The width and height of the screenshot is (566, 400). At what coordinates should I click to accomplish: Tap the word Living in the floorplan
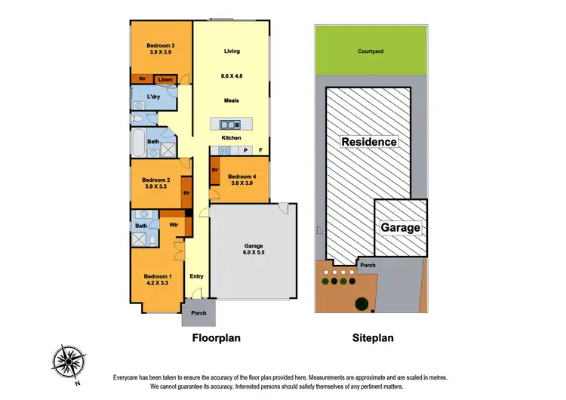(x=232, y=51)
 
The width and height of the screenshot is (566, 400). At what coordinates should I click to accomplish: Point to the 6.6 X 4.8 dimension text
(x=232, y=77)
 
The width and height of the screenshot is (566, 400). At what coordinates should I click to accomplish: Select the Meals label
(x=232, y=100)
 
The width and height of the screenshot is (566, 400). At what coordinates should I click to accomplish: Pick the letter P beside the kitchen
(x=245, y=149)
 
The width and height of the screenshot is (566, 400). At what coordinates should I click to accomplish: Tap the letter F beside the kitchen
(x=261, y=149)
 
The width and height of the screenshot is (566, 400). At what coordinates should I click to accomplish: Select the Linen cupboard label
(x=164, y=78)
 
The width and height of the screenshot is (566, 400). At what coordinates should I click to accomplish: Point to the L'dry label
(x=153, y=97)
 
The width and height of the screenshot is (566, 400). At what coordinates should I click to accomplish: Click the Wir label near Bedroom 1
(x=173, y=224)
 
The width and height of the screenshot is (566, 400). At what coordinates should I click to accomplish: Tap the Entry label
(x=196, y=276)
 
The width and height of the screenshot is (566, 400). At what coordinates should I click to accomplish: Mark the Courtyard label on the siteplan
(x=371, y=52)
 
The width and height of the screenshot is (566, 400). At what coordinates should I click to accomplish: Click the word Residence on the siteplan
(x=369, y=142)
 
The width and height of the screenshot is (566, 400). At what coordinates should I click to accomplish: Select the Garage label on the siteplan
(x=400, y=227)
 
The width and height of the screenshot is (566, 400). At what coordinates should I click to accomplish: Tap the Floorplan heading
(x=216, y=339)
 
